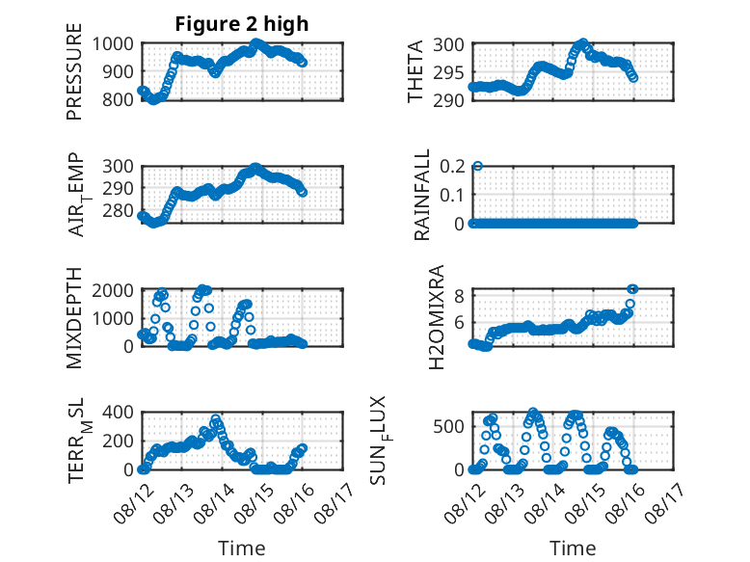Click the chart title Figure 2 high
[242, 24]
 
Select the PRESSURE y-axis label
[74, 71]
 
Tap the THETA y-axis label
[415, 71]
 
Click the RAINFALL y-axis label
[422, 195]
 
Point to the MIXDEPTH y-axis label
[74, 317]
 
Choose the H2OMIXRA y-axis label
[437, 317]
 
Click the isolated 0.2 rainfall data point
[477, 166]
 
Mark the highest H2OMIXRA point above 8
[632, 289]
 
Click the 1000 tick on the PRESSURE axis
[113, 44]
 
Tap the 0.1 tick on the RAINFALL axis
[452, 195]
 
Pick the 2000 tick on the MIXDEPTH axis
[113, 290]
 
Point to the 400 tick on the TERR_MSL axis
[118, 413]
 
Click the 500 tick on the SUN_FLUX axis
[448, 427]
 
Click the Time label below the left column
[242, 549]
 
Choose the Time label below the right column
[573, 549]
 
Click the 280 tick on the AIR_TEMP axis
[118, 210]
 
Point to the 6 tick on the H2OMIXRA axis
[459, 322]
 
